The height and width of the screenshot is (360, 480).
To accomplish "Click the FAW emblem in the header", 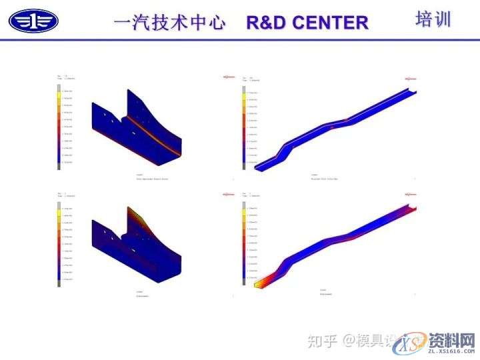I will (33, 21).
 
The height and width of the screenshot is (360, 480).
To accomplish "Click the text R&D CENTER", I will (307, 22).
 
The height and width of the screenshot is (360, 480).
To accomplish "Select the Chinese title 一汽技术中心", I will (171, 22).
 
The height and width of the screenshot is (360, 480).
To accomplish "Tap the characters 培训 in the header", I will (433, 19).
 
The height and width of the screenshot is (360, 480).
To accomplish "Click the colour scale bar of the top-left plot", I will (59, 127).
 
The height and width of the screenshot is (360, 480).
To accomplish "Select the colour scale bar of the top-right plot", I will (245, 126).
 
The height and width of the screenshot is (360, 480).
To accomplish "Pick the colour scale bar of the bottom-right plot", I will (245, 243).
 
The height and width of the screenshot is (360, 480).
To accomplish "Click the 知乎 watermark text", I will (322, 341).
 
